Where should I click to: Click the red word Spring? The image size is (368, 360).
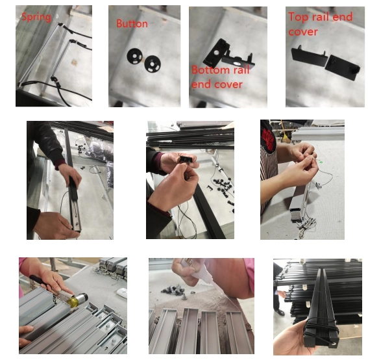36,17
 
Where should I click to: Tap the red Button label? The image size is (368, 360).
132,24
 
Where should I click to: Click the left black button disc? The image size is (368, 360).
135,56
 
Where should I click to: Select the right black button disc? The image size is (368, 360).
153,64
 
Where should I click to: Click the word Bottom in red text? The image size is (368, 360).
210,70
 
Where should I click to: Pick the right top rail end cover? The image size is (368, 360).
343,67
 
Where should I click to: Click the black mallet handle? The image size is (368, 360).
43,282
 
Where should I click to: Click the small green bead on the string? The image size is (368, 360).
321,162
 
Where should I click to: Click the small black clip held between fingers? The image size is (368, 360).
186,160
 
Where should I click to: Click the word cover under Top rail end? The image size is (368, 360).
303,32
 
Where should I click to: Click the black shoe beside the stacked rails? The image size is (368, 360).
280,313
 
